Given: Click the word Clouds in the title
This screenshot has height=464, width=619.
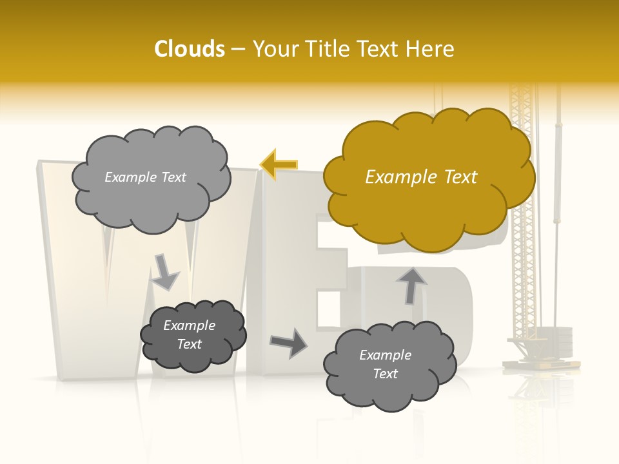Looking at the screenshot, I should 190,49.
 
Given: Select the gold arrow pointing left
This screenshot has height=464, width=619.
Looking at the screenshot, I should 279,164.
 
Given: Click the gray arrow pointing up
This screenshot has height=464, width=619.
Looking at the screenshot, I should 411,285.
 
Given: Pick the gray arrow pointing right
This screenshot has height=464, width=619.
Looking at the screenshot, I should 289,343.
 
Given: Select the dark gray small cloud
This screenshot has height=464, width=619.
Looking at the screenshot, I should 193,336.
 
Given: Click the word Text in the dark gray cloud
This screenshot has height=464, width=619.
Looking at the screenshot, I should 190,344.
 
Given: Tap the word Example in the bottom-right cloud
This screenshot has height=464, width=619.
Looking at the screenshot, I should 385,355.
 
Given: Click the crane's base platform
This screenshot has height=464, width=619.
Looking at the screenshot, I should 540,363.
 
